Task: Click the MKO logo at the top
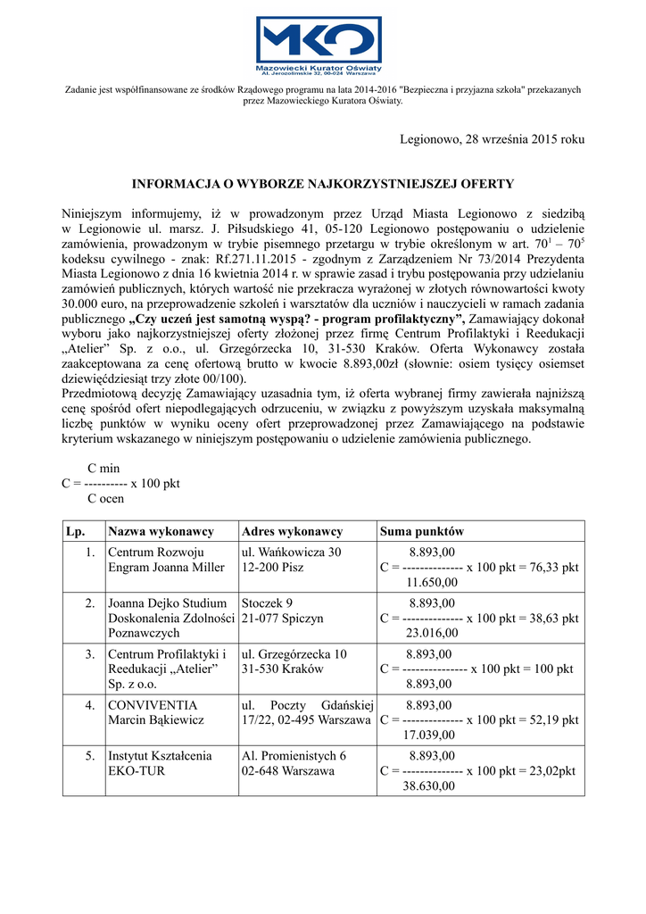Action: pos(322,45)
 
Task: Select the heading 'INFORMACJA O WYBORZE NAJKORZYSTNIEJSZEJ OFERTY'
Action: pos(323,184)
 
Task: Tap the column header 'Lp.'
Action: pos(75,531)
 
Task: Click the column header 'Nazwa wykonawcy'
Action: pos(161,531)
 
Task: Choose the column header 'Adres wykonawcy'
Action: pos(292,531)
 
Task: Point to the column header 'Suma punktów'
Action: pos(422,531)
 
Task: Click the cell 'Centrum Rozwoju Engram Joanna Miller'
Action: pos(166,560)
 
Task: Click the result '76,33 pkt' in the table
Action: pos(553,568)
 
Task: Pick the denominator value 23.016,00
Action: pos(432,633)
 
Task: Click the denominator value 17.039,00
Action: pos(430,735)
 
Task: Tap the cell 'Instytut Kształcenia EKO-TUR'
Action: pos(160,762)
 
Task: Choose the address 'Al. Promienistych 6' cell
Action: pos(294,755)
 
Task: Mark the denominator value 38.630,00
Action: pos(430,785)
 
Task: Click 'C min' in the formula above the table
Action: pos(103,469)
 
